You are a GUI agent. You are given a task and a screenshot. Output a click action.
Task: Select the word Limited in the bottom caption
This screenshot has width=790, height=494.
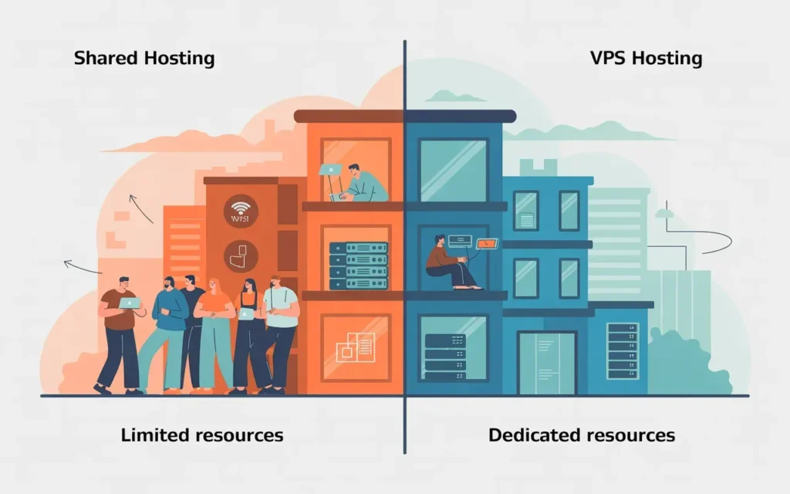(x=155, y=435)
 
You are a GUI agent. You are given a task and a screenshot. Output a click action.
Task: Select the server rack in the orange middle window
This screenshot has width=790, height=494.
(x=357, y=264)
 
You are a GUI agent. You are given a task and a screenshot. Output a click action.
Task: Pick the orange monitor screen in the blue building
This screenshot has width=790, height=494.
(x=488, y=244)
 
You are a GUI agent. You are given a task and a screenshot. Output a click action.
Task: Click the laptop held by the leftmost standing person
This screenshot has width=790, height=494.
(x=130, y=303)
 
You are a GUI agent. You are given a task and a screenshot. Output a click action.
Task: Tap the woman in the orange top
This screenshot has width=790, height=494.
(x=215, y=332)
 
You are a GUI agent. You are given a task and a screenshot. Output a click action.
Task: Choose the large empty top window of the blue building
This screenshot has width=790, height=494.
(x=453, y=170)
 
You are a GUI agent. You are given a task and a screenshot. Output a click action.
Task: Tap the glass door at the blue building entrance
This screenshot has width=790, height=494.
(x=546, y=363)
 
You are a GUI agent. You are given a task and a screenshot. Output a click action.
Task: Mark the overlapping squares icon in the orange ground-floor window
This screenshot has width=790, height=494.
(x=355, y=348)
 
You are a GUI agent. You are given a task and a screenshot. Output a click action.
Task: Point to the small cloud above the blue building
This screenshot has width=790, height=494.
(x=454, y=96)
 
